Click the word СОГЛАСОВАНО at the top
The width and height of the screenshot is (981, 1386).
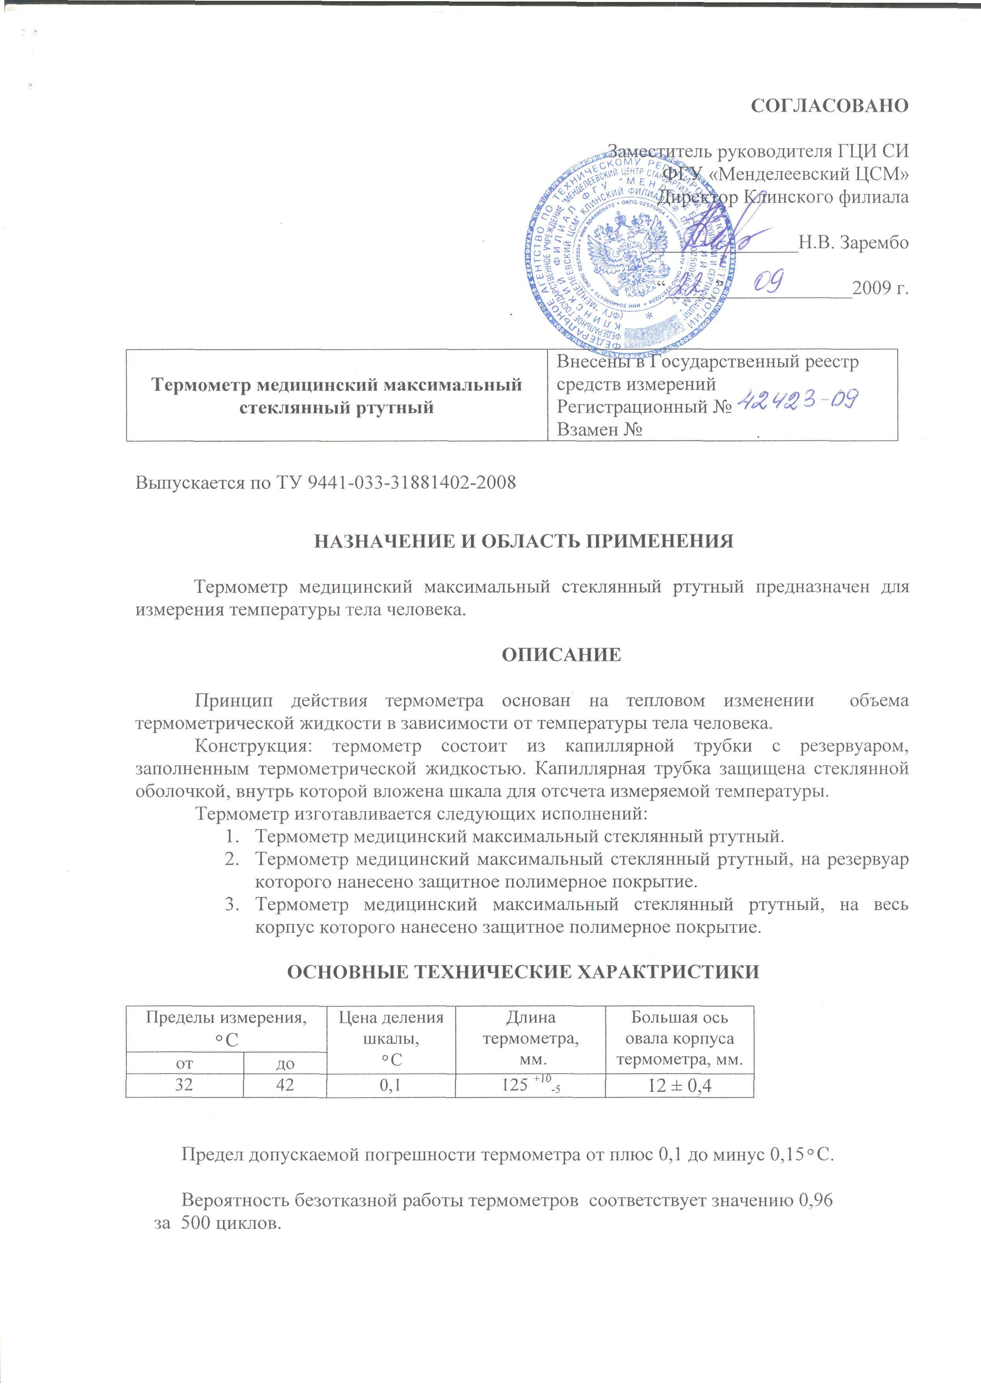pos(829,105)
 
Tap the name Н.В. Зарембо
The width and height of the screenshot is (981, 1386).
pos(853,243)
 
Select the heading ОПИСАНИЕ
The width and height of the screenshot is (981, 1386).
pos(561,655)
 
